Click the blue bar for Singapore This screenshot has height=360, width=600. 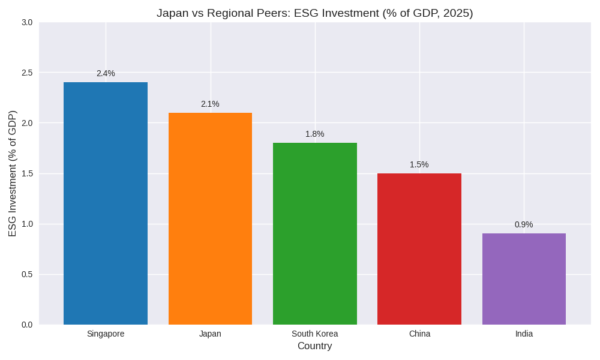click(106, 204)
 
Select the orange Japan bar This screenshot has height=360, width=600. click(210, 219)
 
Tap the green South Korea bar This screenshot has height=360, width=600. click(315, 234)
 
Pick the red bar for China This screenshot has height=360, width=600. click(419, 249)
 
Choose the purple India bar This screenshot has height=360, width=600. click(524, 279)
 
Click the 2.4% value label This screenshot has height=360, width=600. click(106, 73)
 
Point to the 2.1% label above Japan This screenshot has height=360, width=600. click(210, 104)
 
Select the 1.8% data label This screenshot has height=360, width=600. click(315, 134)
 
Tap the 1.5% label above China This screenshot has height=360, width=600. click(419, 164)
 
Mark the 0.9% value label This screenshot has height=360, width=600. click(524, 224)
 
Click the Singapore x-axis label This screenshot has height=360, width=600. click(106, 334)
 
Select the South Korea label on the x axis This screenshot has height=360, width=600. click(315, 334)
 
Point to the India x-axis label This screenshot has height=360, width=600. click(524, 334)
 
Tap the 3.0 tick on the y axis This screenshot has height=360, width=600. click(27, 22)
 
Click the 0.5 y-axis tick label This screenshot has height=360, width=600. click(27, 274)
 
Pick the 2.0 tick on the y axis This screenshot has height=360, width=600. click(27, 123)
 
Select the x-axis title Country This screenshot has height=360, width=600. click(315, 346)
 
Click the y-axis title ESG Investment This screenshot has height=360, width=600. click(13, 173)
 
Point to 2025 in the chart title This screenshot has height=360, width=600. click(455, 13)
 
